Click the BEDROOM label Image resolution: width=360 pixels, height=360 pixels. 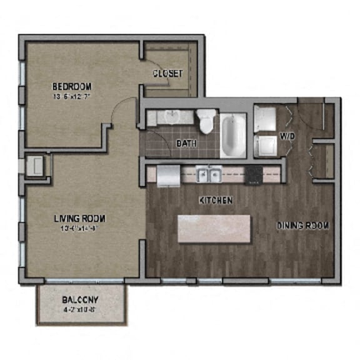(x=72, y=86)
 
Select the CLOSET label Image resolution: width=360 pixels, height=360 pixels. (x=167, y=74)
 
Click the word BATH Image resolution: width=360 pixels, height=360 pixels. (x=186, y=143)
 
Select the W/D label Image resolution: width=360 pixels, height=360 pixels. (x=287, y=135)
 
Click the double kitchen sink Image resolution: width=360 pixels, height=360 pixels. (x=208, y=174)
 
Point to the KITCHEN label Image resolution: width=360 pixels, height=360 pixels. (x=216, y=201)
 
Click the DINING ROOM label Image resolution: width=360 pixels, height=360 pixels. (x=302, y=225)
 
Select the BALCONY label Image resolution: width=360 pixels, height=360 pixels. (x=81, y=300)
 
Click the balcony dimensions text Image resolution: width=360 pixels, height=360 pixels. (x=81, y=309)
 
